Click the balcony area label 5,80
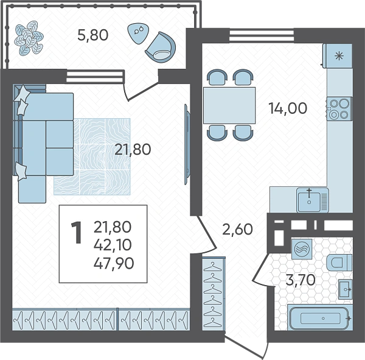pos(93,35)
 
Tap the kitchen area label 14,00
pos(288,108)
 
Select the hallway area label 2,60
pos(237,229)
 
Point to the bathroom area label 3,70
pos(301,280)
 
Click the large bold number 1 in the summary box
pos(77,233)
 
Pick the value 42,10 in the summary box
pos(113,245)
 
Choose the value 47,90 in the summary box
pos(114,264)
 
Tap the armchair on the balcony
pos(161,47)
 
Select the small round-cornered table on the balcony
pos(138,33)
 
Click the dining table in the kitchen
pos(229,105)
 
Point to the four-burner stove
pos(339,108)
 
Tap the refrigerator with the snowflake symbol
pos(338,55)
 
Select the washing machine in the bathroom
pos(302,249)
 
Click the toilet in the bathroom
pos(339,262)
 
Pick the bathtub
pos(320,317)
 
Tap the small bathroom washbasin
pos(345,289)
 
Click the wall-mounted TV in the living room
pos(187,144)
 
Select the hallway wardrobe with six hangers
pos(214,294)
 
